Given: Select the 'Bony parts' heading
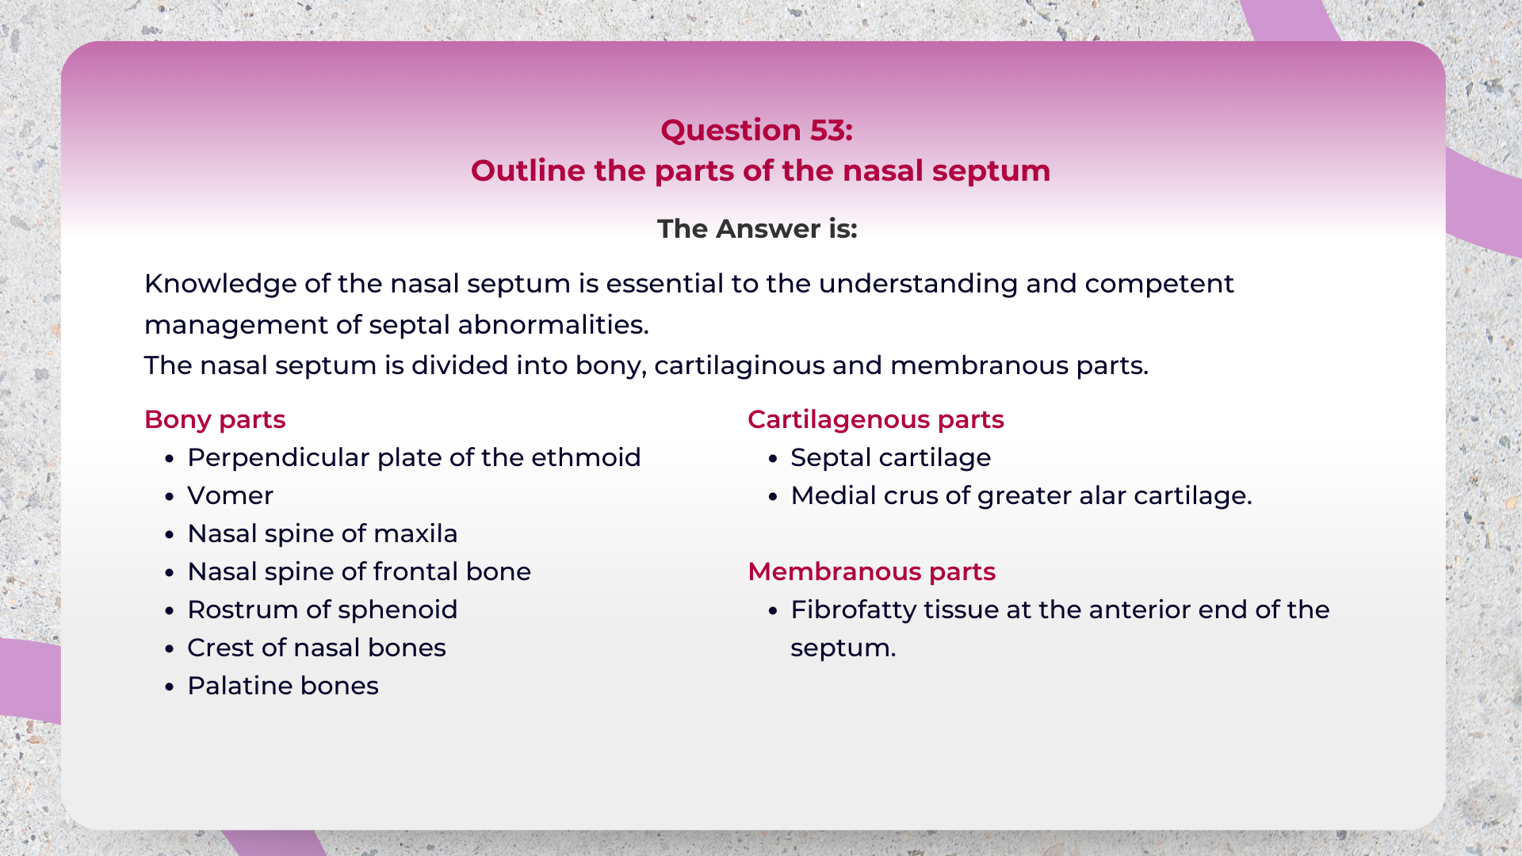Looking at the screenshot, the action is (215, 420).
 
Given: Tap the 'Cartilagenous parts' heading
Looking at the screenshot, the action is (876, 420).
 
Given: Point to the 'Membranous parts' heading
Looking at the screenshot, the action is (871, 572).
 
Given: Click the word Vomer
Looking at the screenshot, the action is (231, 496).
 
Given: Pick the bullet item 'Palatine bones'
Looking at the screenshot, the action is (283, 686).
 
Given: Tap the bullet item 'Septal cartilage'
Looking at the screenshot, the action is (891, 458).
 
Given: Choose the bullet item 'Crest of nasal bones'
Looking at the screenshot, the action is (317, 648).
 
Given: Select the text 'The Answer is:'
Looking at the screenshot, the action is (757, 229).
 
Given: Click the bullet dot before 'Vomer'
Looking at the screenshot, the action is (170, 497).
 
